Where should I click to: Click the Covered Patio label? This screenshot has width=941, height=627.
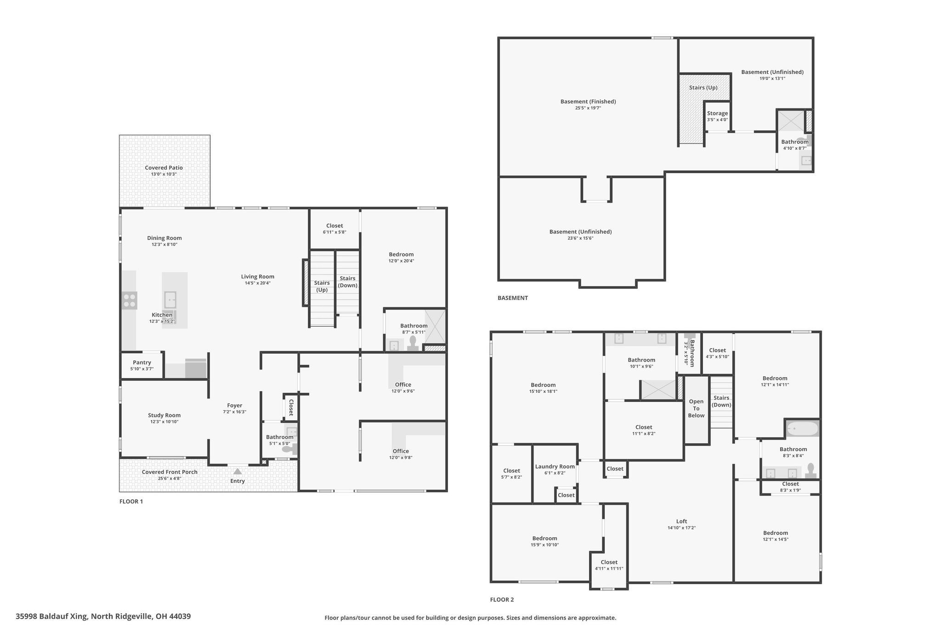coord(164,168)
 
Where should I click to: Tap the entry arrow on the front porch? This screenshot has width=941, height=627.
coord(238,471)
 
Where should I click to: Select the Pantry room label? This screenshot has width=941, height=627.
coord(142,362)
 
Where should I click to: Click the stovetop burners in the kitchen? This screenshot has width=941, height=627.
coord(130,300)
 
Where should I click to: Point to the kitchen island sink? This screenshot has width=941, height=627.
coord(170,299)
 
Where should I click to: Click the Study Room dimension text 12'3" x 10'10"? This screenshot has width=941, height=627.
coord(164,422)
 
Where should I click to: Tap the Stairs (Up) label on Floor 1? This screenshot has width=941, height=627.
coord(322,286)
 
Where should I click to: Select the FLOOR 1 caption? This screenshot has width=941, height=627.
coord(131,501)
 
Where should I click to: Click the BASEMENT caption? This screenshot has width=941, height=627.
coord(513,298)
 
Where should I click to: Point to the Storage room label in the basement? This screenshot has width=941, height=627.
coord(717,113)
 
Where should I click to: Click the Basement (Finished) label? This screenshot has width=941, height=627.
coord(588,102)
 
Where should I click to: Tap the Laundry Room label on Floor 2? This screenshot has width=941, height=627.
coord(555,467)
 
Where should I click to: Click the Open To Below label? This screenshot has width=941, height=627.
coord(696,408)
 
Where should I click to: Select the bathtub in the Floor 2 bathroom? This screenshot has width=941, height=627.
coord(802,429)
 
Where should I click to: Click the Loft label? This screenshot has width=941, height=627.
coord(681,521)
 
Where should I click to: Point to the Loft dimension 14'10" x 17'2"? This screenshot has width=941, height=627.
coord(681,528)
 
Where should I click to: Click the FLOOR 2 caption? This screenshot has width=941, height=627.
coord(502,599)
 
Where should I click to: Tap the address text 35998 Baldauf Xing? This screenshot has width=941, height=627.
coord(51,616)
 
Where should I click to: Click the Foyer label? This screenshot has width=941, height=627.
coord(234,406)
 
